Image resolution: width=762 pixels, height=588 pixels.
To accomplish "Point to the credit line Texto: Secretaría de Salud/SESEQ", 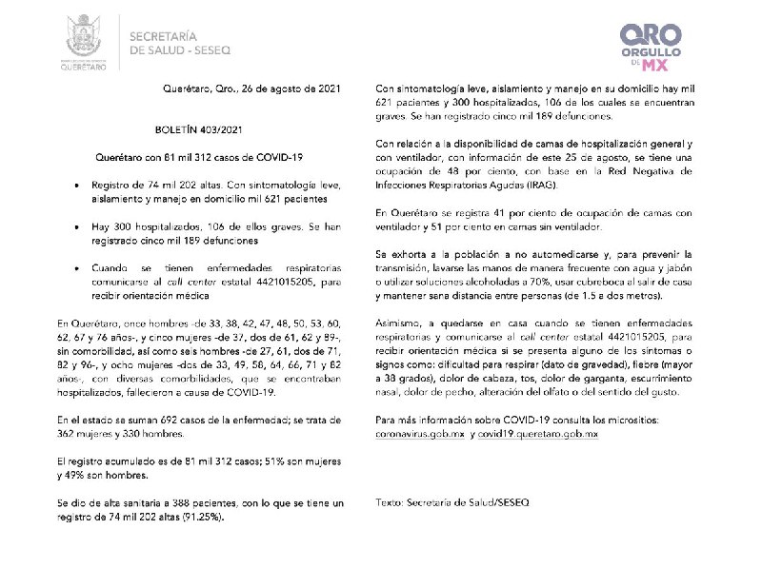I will pyautogui.click(x=452, y=500).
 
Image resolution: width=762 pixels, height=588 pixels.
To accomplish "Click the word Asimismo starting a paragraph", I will pyautogui.click(x=402, y=322).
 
